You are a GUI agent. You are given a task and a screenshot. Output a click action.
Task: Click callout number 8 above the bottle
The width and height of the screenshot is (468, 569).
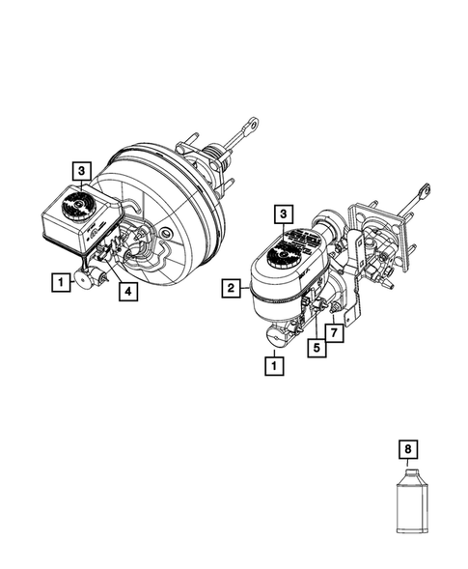point(410,448)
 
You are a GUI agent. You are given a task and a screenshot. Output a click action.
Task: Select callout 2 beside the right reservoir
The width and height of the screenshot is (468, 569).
point(231,287)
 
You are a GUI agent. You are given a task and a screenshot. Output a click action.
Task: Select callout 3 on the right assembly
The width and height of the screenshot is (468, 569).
point(283,213)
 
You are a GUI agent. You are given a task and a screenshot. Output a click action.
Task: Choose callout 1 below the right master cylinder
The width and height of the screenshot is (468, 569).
point(276,365)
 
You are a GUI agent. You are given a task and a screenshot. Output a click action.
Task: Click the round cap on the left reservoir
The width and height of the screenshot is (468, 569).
point(73,205)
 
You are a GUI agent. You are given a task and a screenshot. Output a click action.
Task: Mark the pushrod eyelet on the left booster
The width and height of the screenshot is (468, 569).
point(254,123)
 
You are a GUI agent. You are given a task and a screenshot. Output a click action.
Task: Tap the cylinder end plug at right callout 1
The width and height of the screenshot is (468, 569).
point(278,336)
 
